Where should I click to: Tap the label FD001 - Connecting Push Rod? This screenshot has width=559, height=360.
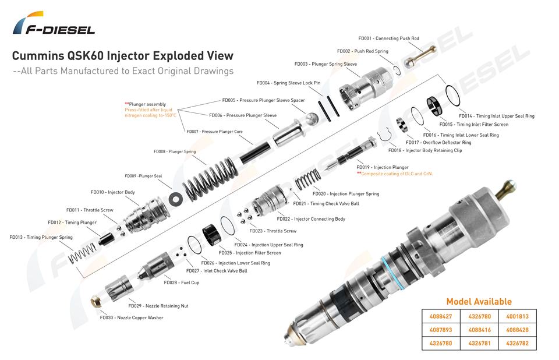pos(388,38)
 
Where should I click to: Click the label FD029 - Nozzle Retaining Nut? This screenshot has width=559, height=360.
pos(158,306)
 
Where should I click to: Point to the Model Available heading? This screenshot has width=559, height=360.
pos(479,302)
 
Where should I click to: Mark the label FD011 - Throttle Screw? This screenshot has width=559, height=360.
pos(90,210)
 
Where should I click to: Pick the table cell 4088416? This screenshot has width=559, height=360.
pos(479,330)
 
